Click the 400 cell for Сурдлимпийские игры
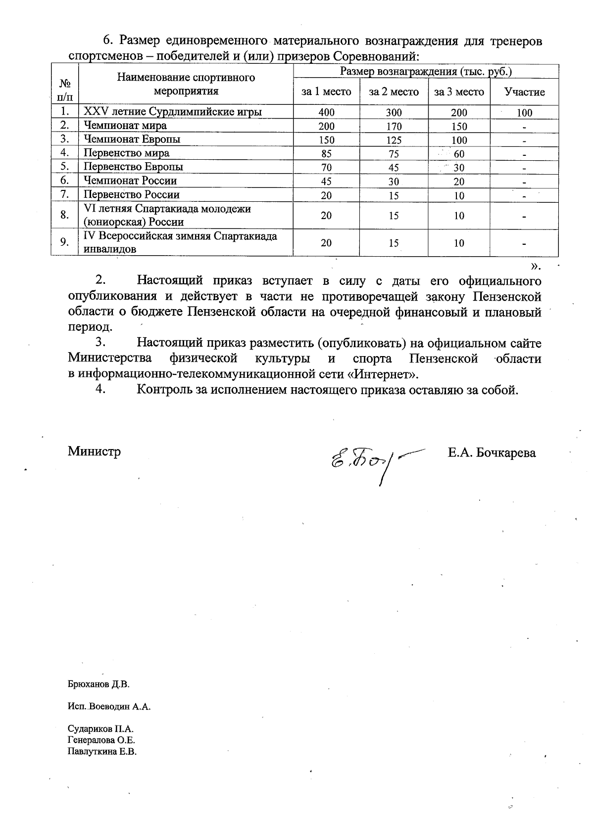click(326, 112)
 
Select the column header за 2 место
click(394, 92)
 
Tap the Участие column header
click(524, 92)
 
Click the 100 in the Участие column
click(524, 113)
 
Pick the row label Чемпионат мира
click(125, 126)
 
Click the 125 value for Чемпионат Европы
click(394, 140)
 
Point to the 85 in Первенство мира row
click(326, 154)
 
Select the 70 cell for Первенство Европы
click(326, 168)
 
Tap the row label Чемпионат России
click(130, 181)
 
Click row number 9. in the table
click(64, 242)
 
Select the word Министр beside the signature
click(95, 451)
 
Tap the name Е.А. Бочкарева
click(492, 453)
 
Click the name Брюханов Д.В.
click(98, 685)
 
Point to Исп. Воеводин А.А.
click(109, 706)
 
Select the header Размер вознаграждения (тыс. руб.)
click(426, 72)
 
